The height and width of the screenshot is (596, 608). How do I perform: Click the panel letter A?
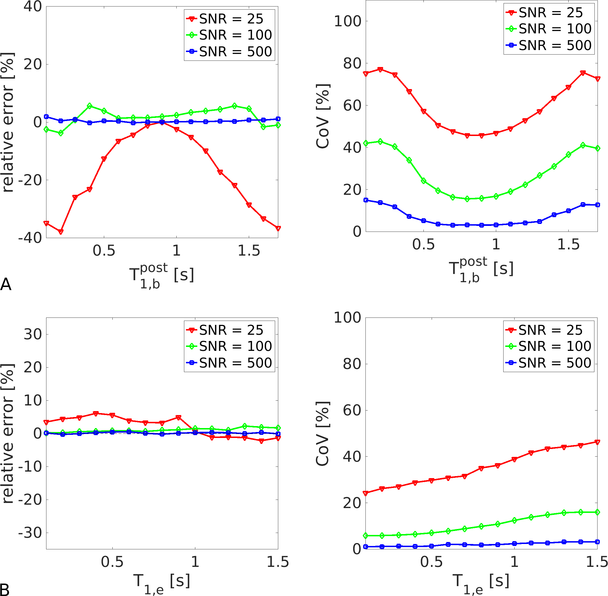[6, 284]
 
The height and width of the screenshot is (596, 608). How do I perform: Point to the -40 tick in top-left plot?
[30, 238]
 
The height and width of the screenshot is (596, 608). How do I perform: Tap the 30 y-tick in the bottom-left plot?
[33, 334]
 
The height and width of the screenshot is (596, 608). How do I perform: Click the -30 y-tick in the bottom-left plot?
[30, 533]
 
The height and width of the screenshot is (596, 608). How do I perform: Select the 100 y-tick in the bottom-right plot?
[348, 318]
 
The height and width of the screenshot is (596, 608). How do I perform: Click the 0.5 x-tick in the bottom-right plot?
[432, 562]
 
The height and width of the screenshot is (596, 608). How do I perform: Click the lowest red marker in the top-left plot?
[61, 232]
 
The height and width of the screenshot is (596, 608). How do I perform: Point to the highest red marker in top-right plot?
[380, 70]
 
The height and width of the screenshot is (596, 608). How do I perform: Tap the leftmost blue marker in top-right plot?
[366, 200]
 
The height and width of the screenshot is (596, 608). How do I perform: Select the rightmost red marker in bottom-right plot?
[597, 442]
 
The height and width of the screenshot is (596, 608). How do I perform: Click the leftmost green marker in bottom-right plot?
[365, 536]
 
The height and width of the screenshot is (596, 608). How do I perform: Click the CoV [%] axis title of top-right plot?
[323, 116]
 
